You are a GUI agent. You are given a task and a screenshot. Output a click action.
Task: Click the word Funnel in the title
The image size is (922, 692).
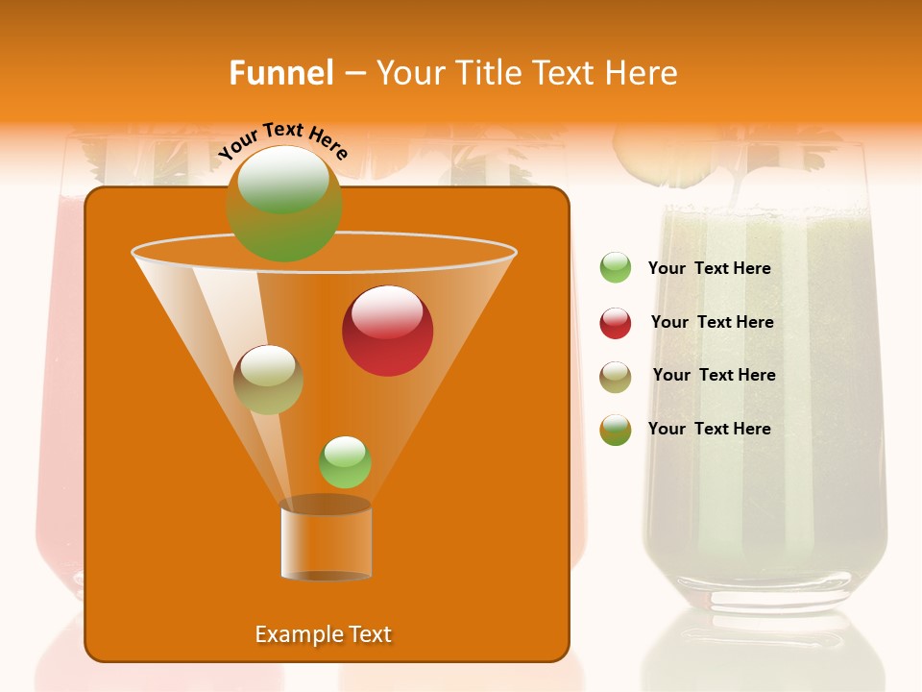[281, 73]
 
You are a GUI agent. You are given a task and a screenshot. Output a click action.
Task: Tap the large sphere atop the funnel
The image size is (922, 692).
[283, 203]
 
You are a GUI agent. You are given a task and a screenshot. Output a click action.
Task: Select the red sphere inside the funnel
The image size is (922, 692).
[388, 331]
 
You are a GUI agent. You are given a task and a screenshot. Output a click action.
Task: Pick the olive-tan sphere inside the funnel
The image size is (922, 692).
[268, 379]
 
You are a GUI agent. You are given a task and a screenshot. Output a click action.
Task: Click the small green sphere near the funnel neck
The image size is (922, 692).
[345, 462]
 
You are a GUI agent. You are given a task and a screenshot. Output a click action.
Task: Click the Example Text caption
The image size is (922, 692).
[323, 634]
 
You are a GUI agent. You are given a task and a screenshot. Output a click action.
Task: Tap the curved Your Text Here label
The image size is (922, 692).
[282, 140]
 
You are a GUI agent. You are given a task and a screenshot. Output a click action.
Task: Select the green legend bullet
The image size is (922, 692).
[616, 268]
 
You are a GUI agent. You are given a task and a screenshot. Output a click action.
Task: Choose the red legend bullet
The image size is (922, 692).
[616, 323]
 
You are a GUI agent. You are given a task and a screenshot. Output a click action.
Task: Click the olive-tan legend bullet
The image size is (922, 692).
[616, 377]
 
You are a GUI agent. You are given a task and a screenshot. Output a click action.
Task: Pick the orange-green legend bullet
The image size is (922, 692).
[616, 430]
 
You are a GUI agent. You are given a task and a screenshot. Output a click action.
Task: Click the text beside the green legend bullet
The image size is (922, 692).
[709, 268]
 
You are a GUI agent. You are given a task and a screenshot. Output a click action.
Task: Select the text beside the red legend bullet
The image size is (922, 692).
[712, 322]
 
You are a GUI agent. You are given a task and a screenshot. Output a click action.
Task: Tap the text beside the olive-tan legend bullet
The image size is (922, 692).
[714, 375]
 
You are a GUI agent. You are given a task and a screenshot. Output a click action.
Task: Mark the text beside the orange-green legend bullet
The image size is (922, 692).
[709, 429]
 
